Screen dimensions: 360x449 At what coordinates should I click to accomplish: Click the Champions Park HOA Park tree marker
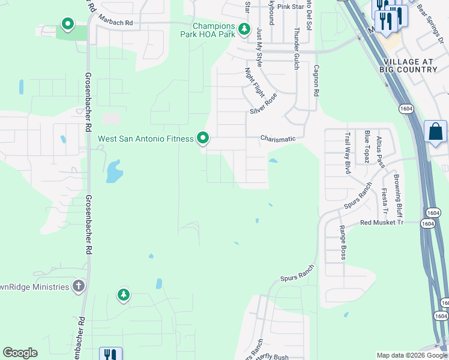244,29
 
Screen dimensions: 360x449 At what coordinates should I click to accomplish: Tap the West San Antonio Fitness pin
203,139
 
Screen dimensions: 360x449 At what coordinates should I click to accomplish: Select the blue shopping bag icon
435,131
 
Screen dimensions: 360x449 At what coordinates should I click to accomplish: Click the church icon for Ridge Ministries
79,286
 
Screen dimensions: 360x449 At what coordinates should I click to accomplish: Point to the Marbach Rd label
115,22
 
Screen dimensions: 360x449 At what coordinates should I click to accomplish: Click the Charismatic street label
277,139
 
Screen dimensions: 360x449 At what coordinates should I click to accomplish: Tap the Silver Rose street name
264,104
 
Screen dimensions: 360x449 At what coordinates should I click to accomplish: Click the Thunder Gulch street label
296,49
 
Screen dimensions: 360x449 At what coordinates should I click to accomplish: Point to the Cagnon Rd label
315,82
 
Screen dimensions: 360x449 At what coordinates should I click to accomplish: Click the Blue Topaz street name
366,146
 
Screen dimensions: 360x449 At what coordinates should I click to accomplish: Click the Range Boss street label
342,242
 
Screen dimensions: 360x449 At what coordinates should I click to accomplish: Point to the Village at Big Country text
408,65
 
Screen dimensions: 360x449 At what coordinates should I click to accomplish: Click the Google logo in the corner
20,353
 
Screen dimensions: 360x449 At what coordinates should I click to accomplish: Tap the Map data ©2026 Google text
411,355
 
